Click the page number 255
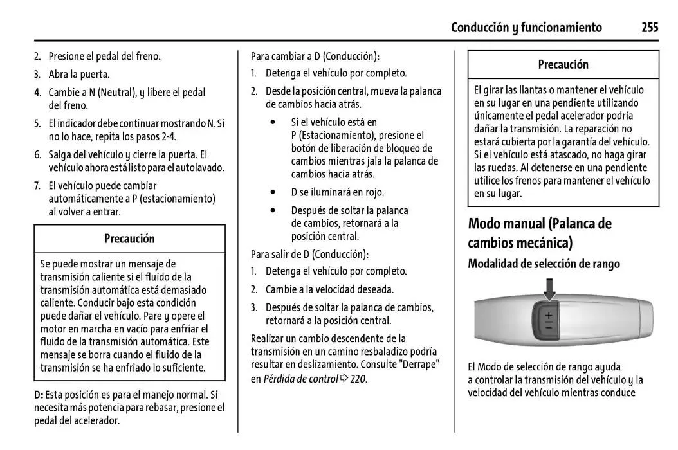point(649,27)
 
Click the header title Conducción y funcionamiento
point(526,27)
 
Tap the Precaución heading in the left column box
point(129,239)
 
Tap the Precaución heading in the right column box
point(563,64)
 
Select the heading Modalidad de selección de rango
point(544,264)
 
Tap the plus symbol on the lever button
point(549,316)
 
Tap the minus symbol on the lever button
point(549,328)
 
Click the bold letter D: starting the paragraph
point(39,395)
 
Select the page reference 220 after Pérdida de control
point(358,379)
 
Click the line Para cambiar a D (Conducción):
point(315,56)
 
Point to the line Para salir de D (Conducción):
point(309,253)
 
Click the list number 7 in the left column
point(37,185)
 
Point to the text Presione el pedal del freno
point(104,56)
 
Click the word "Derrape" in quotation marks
point(418,364)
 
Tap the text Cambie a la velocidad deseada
point(329,289)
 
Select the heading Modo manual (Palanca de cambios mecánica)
point(540,233)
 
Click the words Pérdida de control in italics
point(300,379)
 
